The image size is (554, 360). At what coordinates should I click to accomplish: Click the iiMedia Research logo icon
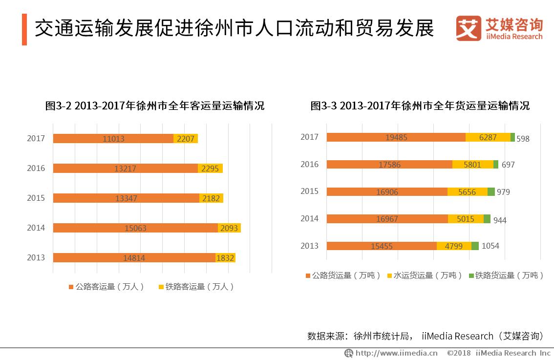tap(468, 29)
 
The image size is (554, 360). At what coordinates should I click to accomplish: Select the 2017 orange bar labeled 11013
tap(113, 139)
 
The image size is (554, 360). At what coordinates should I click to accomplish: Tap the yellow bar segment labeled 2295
tap(210, 169)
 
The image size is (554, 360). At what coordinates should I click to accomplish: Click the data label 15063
tap(135, 228)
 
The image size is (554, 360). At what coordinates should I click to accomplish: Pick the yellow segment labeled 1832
tap(225, 258)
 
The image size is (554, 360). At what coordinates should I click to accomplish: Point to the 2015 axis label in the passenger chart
tap(36, 198)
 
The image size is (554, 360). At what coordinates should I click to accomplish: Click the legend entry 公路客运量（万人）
tap(107, 287)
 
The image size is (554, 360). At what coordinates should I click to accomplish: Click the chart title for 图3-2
tap(154, 106)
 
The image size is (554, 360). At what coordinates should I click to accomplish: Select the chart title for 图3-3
tap(420, 106)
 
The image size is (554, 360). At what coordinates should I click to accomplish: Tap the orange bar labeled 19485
tap(396, 138)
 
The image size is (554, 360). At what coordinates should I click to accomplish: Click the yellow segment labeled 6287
tap(488, 138)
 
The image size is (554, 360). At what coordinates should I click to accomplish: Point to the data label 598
tap(523, 139)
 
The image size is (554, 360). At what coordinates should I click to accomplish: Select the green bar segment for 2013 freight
tap(475, 246)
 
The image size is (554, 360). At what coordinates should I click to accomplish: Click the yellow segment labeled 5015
tap(466, 219)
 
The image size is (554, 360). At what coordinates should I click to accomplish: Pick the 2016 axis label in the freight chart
tap(309, 165)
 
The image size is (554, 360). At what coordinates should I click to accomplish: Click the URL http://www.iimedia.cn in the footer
tap(396, 353)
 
